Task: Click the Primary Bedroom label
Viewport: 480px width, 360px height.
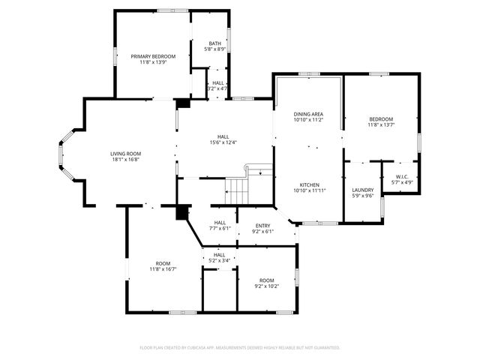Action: pos(153,56)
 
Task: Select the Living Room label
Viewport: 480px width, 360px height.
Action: pos(126,152)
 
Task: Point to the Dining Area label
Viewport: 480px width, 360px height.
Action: pos(307,113)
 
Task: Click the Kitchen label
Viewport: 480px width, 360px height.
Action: pos(310,184)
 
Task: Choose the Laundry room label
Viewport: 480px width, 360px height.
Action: pos(362,190)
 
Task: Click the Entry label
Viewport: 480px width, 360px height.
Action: pos(262,225)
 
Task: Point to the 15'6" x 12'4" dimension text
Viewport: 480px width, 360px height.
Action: pos(223,142)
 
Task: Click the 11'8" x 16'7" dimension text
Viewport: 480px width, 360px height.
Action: pos(163,269)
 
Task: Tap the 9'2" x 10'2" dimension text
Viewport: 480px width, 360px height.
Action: pos(266,285)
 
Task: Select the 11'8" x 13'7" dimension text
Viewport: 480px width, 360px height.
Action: pos(380,125)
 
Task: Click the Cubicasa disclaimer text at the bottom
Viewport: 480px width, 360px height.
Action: pos(240,347)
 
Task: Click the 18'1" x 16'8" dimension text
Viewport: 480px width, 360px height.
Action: pos(126,159)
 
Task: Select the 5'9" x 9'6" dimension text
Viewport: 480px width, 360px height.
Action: pos(362,196)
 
